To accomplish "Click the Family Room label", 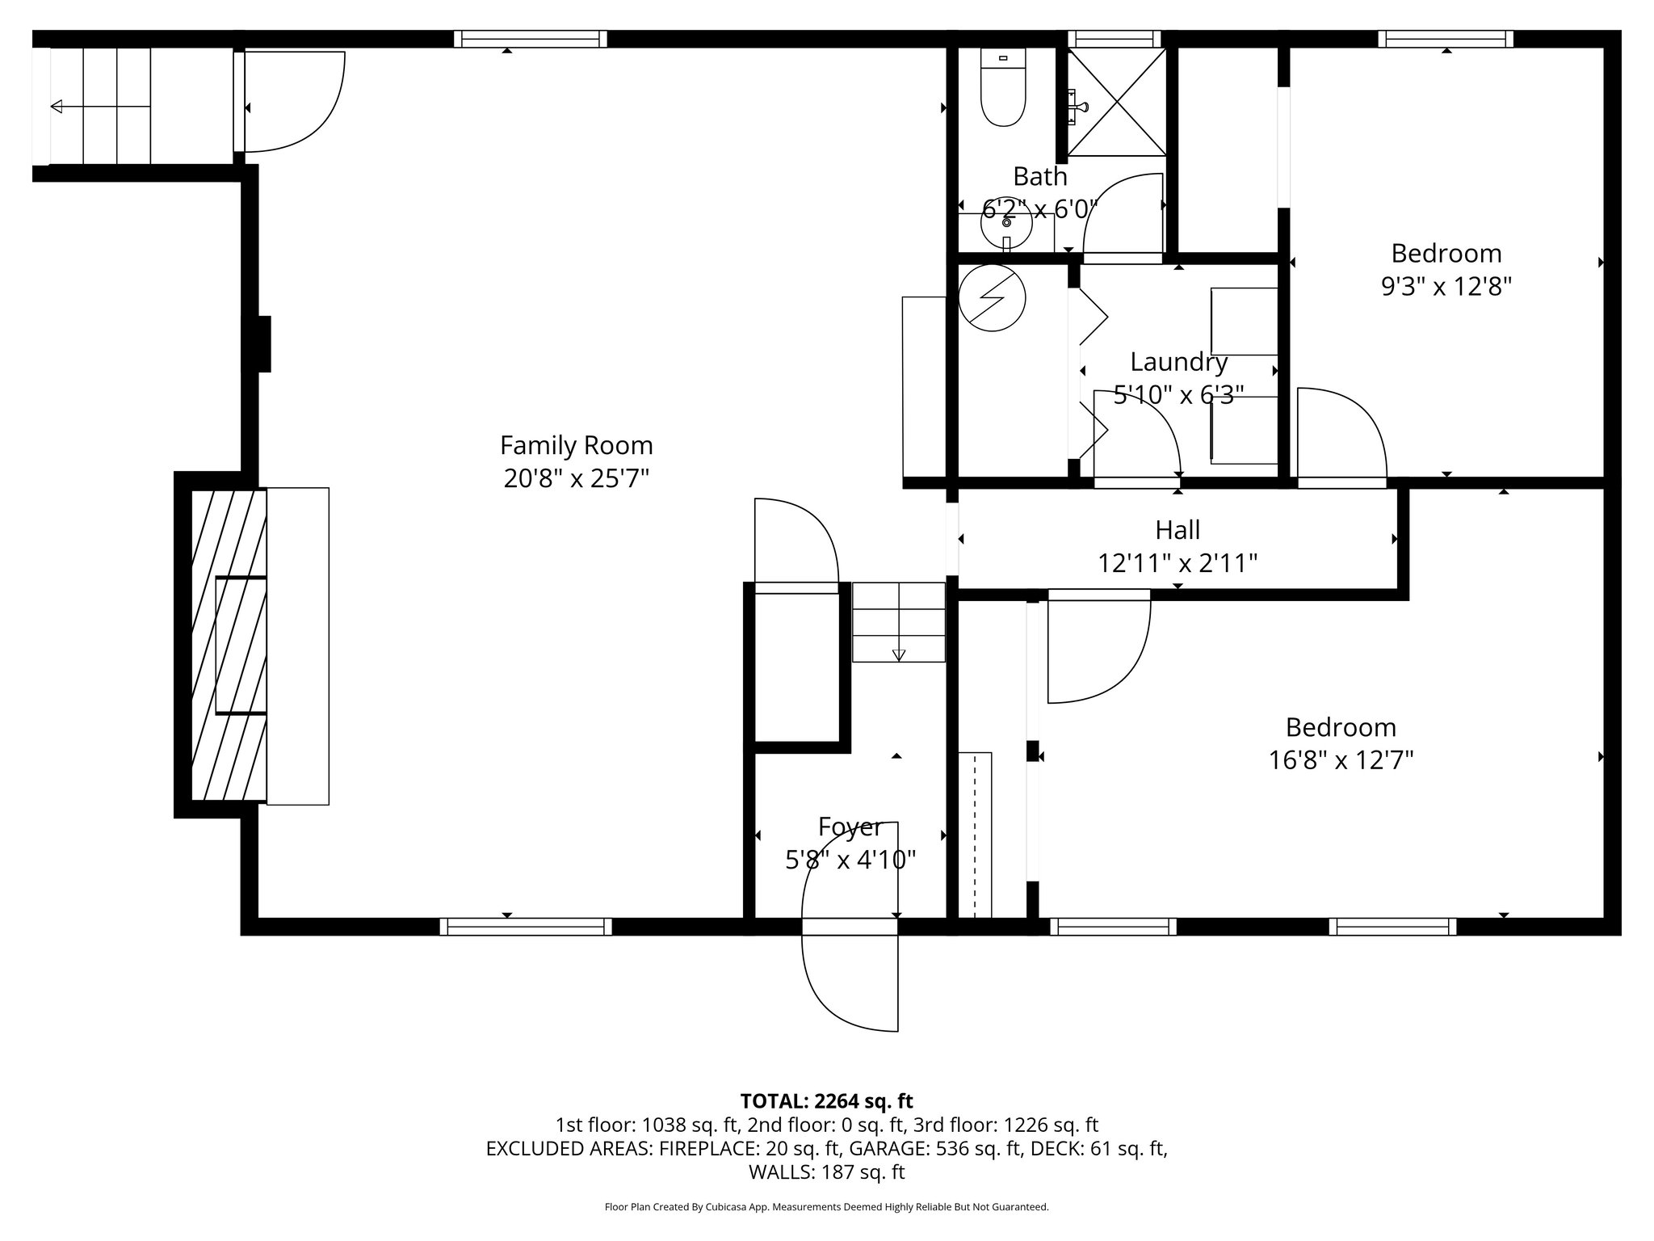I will click(x=576, y=445).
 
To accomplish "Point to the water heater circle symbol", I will click(x=991, y=297).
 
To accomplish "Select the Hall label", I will click(x=1177, y=530).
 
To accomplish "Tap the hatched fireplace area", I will click(x=229, y=646).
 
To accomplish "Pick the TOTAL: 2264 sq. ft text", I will click(x=826, y=1101).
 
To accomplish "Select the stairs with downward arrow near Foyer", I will click(x=898, y=623).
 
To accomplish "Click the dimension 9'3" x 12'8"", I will click(x=1446, y=287).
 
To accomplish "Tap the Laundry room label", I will click(x=1178, y=362).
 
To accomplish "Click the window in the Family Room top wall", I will click(x=530, y=39).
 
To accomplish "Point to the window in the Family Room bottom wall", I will click(x=526, y=927).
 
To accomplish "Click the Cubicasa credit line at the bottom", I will click(x=826, y=1207).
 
